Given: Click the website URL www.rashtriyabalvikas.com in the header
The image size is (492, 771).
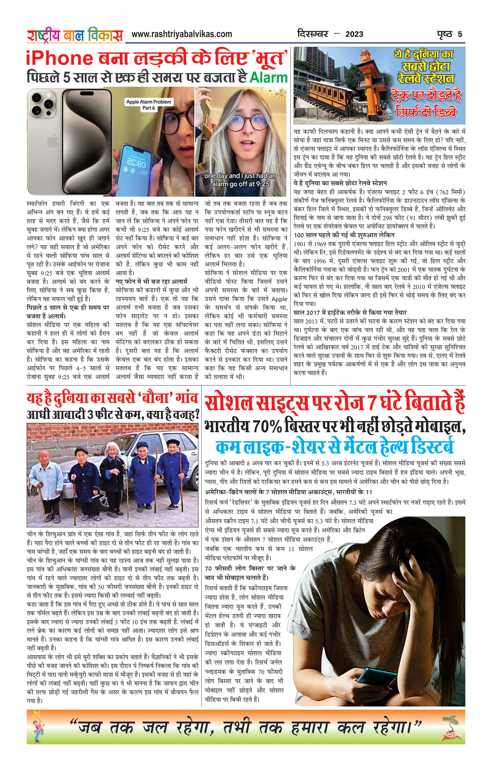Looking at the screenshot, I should click(x=181, y=34).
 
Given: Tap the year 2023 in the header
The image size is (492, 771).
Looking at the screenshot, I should click(x=354, y=34).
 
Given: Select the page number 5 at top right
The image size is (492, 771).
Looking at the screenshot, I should click(x=460, y=34).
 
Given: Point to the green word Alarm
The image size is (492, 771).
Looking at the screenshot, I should click(x=269, y=78).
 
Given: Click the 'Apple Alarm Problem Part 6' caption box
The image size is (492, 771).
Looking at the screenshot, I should click(x=148, y=104).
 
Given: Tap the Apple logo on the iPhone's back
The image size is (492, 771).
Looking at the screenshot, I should click(x=52, y=141).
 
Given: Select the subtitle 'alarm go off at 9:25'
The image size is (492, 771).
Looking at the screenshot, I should click(x=240, y=184).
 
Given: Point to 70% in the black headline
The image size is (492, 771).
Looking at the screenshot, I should click(x=267, y=427).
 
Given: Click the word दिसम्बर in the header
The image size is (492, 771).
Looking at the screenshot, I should click(x=312, y=34).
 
